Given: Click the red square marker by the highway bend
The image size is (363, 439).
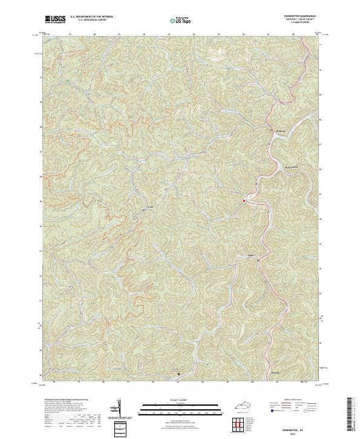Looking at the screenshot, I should point(244,201).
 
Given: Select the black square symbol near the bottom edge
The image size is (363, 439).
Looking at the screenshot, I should point(178,374).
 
